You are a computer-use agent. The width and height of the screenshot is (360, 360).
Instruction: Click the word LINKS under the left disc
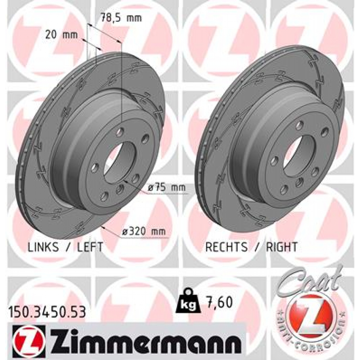[43, 247]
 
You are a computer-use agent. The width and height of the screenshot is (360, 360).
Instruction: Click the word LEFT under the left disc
[90, 247]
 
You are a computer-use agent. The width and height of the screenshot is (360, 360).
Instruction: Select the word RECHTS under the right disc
[226, 247]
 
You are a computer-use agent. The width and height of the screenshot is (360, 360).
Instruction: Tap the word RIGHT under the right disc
[282, 247]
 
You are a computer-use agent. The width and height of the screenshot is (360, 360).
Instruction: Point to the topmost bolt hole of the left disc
[120, 132]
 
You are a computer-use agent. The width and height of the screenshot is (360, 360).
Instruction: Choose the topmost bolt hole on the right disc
[300, 125]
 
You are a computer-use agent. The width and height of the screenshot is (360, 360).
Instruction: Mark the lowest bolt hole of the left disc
[104, 196]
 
